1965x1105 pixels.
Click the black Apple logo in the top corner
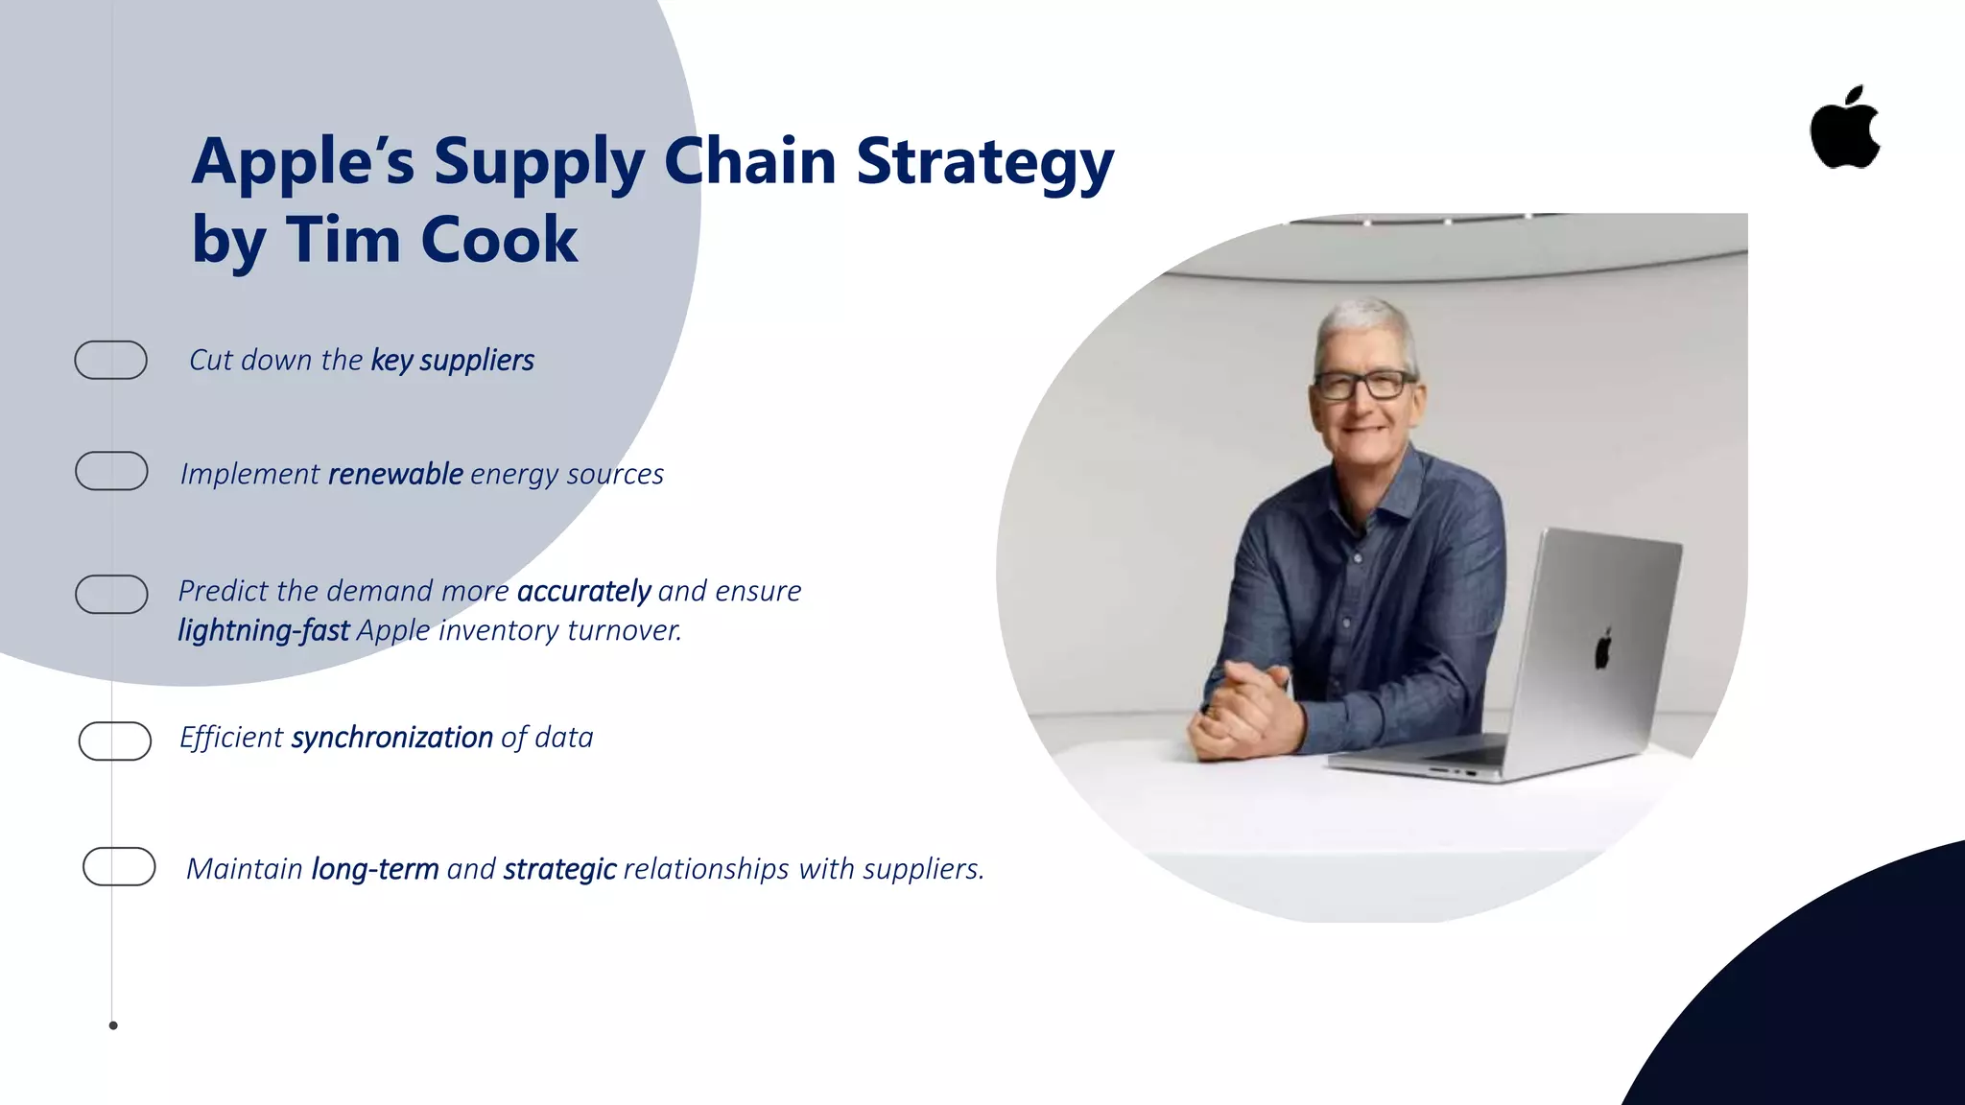(1844, 129)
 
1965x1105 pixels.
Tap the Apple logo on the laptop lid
(1603, 649)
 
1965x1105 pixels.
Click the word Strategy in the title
(984, 161)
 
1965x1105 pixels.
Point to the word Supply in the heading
(538, 161)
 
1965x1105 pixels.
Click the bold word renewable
(395, 474)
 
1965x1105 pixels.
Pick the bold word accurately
(583, 591)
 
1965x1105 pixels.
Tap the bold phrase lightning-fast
(263, 630)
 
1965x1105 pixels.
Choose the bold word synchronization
(391, 737)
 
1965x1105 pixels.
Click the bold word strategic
(559, 868)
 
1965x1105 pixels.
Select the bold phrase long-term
(375, 868)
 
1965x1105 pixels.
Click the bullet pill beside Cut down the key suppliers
(110, 360)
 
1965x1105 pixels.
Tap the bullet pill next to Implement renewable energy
(111, 471)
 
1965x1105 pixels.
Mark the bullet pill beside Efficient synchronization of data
(115, 741)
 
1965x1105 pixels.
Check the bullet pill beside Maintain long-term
(119, 866)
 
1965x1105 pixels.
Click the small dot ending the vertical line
(113, 1025)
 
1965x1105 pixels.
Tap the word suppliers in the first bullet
(477, 360)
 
